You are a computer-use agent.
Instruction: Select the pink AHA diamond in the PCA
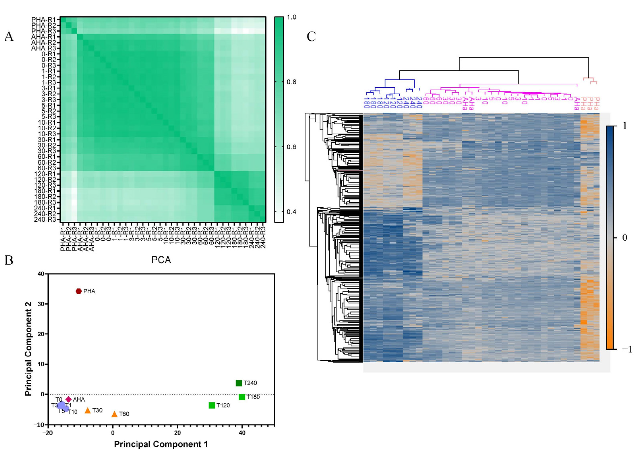69,399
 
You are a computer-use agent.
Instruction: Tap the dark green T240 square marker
239,383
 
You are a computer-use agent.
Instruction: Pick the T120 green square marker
212,405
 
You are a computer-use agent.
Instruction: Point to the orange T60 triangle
114,414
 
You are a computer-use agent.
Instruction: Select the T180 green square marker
242,397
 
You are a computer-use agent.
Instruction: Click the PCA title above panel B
161,260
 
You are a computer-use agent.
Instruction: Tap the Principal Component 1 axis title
161,444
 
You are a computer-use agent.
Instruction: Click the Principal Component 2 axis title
28,349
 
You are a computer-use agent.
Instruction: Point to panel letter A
9,37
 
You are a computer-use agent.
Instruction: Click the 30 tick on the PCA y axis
41,304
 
